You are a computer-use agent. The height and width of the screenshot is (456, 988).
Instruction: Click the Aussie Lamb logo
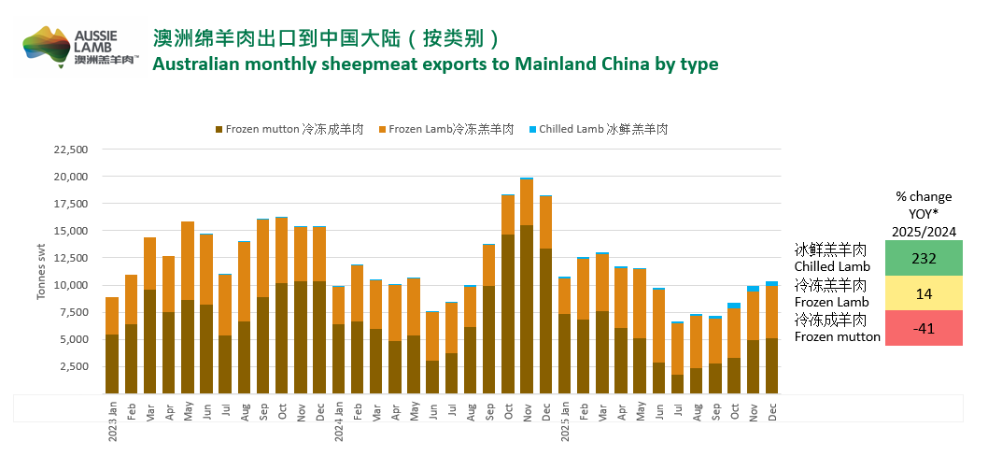coord(80,47)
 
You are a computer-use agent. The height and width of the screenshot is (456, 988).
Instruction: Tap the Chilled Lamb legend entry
coord(599,130)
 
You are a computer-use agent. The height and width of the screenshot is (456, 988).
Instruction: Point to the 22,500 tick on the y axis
coord(67,150)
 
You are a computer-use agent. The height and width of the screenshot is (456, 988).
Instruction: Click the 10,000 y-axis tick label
coord(67,285)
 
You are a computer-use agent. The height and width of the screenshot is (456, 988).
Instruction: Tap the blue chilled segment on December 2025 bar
coord(772,283)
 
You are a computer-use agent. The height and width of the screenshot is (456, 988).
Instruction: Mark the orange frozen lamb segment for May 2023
coord(188,261)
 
